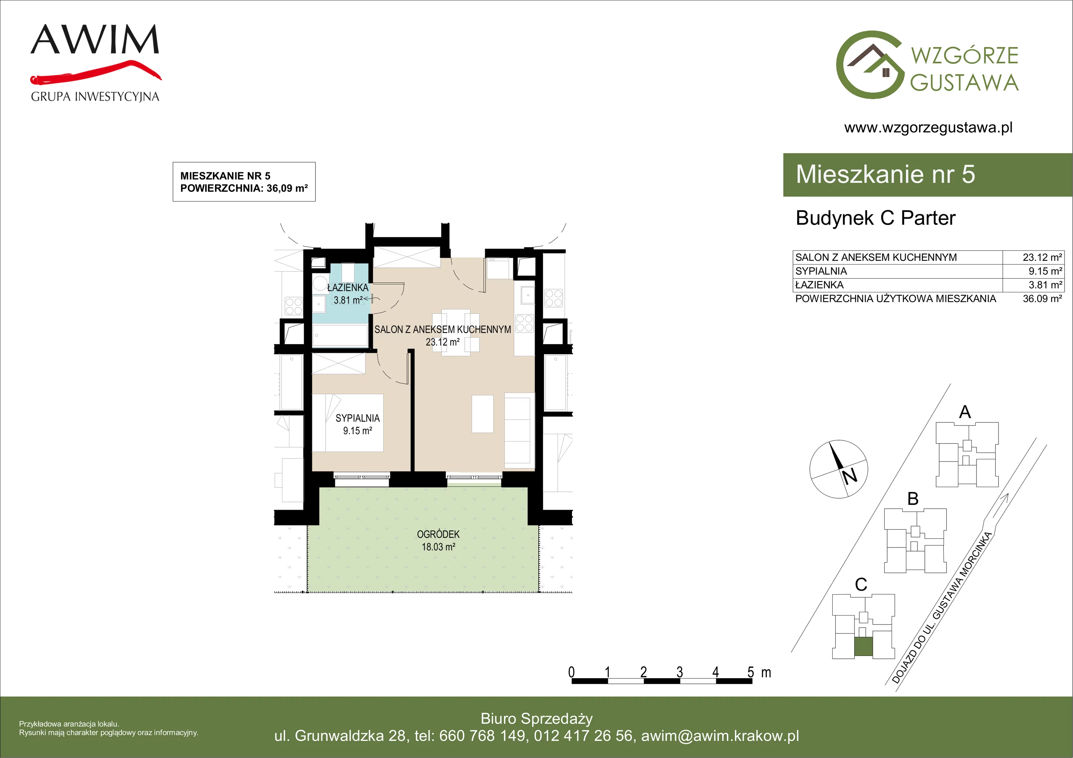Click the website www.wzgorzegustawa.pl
(928, 128)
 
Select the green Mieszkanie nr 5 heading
(885, 174)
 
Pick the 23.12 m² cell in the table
(1042, 257)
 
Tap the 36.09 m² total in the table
(1042, 299)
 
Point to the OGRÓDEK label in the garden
(438, 534)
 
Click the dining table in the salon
(456, 332)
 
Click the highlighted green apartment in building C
(863, 647)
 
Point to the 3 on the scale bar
(679, 672)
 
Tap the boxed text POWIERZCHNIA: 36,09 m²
(244, 188)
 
